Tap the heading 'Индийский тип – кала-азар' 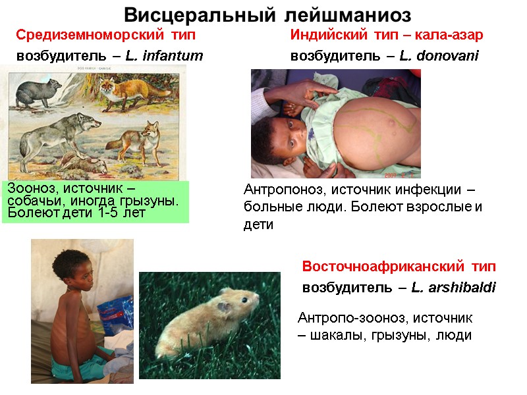coord(387,34)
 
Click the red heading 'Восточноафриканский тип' coord(399,267)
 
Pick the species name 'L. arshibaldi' coord(453,288)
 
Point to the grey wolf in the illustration coord(59,132)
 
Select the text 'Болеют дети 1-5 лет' coord(76,213)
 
